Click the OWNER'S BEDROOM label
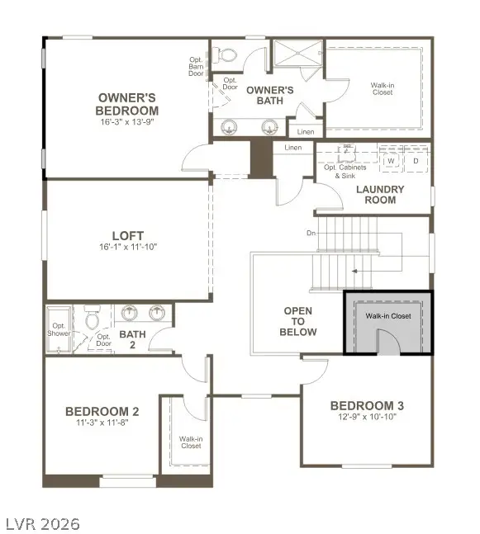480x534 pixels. click(x=126, y=103)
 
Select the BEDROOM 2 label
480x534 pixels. click(x=102, y=411)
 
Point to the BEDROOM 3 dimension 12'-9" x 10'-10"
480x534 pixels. click(x=367, y=417)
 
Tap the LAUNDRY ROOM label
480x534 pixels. click(x=380, y=194)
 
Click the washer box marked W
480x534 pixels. click(x=393, y=161)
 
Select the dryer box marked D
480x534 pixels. click(x=416, y=161)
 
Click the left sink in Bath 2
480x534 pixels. click(x=130, y=314)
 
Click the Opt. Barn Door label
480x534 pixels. click(x=197, y=65)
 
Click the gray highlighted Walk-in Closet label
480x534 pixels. click(x=388, y=316)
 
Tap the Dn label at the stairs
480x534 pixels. click(x=311, y=234)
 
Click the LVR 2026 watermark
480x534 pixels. click(x=43, y=522)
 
